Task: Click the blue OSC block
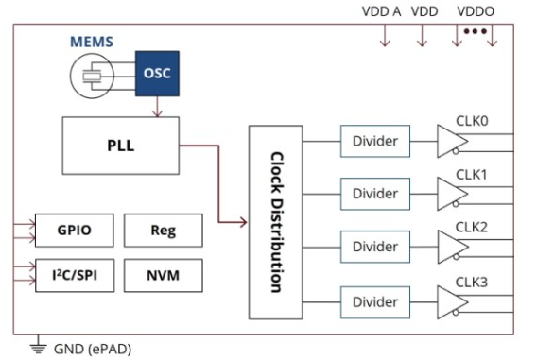[157, 74]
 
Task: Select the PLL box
[121, 146]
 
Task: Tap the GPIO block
[75, 231]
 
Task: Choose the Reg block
[164, 231]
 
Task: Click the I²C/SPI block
[75, 276]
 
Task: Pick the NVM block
[164, 276]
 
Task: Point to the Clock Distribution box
[276, 222]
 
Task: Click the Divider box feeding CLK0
[375, 141]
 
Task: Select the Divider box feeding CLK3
[375, 302]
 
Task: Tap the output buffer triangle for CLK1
[451, 194]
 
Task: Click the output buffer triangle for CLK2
[451, 247]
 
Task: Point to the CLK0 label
[472, 121]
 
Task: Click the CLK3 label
[471, 283]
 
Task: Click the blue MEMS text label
[92, 42]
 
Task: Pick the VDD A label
[381, 11]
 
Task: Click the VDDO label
[476, 11]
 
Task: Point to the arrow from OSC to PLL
[157, 107]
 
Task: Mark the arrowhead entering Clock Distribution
[243, 222]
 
